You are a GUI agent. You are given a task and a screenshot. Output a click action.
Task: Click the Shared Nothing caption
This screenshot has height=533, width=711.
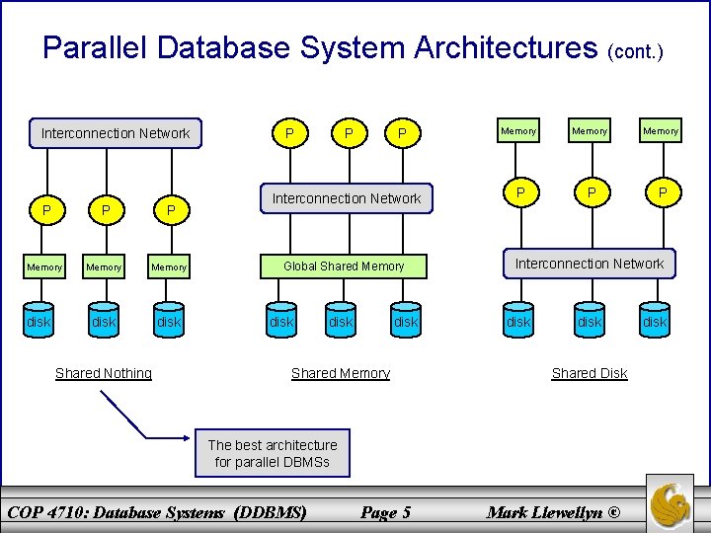click(x=104, y=373)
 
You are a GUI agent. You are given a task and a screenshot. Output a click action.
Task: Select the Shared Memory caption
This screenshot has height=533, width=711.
click(x=341, y=373)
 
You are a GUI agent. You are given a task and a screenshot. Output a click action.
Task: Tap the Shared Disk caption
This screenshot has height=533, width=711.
click(x=590, y=373)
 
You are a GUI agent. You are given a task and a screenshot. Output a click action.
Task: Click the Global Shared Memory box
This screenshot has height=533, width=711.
click(x=344, y=266)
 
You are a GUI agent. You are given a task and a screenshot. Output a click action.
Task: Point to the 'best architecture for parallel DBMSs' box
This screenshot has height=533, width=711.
click(x=273, y=453)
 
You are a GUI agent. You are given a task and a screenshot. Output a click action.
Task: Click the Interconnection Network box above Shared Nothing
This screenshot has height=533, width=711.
click(x=116, y=133)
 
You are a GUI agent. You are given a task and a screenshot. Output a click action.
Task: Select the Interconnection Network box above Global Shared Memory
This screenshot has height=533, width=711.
click(x=347, y=198)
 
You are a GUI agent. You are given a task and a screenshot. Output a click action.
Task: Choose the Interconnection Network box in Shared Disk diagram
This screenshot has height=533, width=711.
click(x=590, y=264)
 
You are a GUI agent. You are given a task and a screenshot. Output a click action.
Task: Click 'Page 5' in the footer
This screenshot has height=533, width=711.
click(x=385, y=511)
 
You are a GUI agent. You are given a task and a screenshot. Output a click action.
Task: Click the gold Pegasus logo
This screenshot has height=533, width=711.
click(x=671, y=502)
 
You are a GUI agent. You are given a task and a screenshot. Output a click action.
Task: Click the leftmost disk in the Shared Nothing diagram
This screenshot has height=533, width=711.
click(x=39, y=322)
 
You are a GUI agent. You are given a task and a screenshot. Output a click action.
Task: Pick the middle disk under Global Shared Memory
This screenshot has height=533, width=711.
click(x=341, y=322)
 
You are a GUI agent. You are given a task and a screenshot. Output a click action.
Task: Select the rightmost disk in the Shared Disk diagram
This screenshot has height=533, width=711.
click(x=655, y=322)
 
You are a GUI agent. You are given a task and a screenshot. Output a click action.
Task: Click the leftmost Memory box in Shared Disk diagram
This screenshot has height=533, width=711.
click(x=518, y=131)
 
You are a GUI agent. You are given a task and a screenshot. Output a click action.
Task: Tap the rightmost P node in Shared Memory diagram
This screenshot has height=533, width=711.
click(x=402, y=133)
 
